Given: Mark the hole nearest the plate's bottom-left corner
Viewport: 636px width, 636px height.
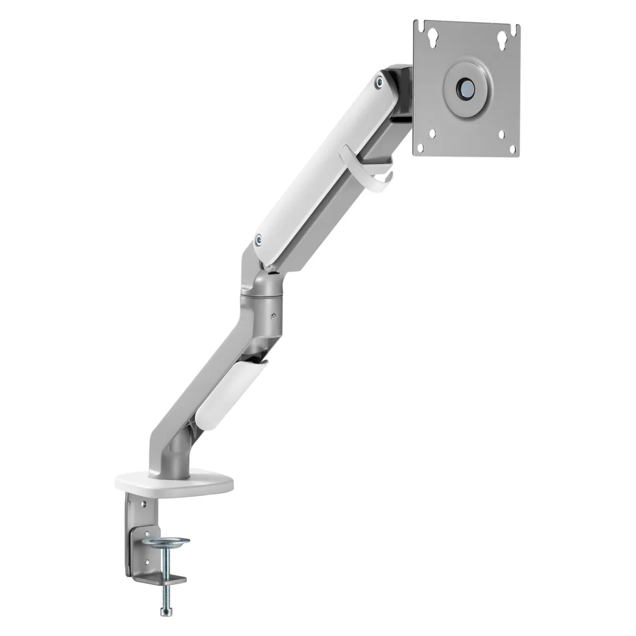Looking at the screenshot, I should [434, 134].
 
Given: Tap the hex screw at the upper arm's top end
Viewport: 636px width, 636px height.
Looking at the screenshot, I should [378, 82].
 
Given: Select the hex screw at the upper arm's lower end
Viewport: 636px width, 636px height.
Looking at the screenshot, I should [258, 240].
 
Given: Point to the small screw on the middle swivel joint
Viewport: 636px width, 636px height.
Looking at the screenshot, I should [273, 318].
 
